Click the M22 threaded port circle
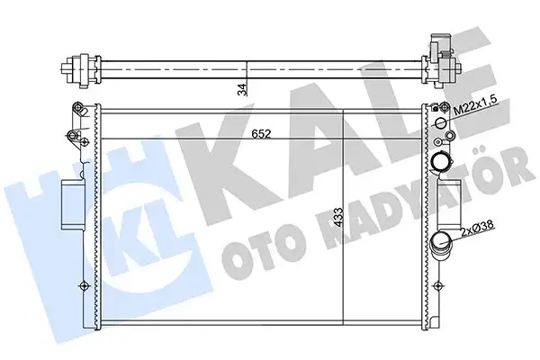click(x=441, y=123)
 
